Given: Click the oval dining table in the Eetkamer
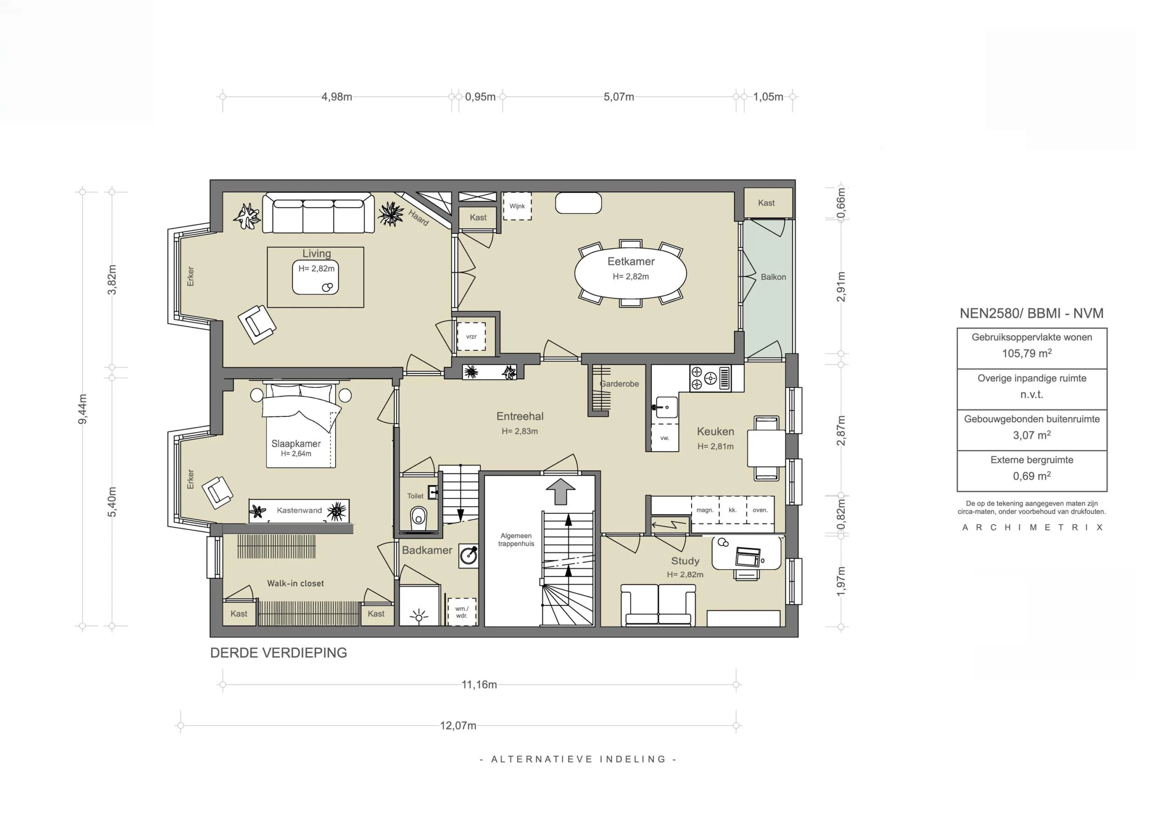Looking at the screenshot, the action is click(630, 273).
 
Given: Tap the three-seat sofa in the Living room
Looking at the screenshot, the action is click(318, 213).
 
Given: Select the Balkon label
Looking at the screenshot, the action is click(773, 277).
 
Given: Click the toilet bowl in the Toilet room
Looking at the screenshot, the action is click(418, 516).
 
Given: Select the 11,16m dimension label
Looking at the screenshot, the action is click(479, 685).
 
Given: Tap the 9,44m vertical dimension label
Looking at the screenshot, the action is click(83, 409).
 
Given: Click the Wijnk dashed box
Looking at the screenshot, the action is click(517, 206).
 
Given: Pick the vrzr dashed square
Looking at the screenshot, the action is click(471, 337).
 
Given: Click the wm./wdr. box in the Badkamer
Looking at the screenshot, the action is click(462, 612).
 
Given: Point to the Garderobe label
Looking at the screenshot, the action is click(620, 384).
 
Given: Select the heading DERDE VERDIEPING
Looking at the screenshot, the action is click(278, 653).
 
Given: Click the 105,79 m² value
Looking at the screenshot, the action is click(1027, 353).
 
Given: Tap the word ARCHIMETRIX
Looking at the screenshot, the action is click(1032, 527).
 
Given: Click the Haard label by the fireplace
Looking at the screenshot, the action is click(419, 217).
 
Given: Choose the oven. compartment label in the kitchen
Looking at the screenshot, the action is click(760, 510).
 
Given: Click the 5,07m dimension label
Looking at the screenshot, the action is click(619, 96).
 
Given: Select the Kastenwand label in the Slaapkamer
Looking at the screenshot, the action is click(299, 510).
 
